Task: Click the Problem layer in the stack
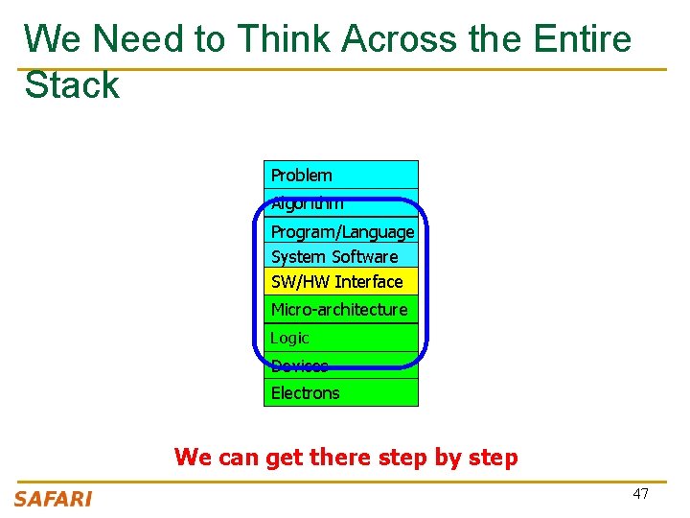coord(340,175)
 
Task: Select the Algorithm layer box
coord(340,203)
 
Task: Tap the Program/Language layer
coord(341,232)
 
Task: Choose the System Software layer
coord(340,256)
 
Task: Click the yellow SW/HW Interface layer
coord(340,281)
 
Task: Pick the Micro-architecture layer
coord(340,309)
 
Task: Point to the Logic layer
coord(340,338)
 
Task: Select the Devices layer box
coord(340,365)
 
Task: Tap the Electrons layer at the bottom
coord(340,392)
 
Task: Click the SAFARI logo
coord(53,498)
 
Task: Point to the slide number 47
coord(640,494)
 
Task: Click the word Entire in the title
coord(583,39)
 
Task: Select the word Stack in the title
coord(72,85)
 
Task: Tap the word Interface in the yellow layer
coord(369,281)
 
